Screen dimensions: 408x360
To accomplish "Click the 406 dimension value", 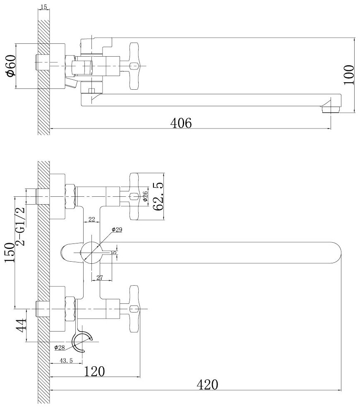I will [182, 123].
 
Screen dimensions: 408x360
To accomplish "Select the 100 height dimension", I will [350, 74].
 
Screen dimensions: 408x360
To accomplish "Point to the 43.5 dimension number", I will [66, 360].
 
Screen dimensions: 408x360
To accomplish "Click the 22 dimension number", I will [92, 220].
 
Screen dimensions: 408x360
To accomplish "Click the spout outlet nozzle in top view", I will [330, 108].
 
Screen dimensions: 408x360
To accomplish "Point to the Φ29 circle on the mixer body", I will [91, 252].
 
